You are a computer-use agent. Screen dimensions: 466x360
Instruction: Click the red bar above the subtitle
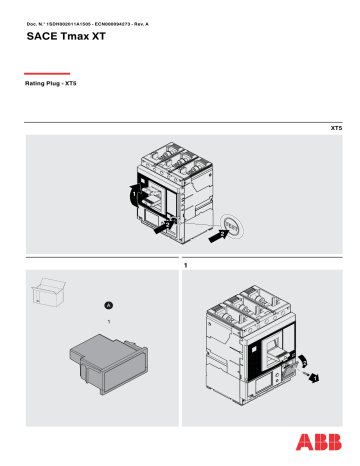click(47, 73)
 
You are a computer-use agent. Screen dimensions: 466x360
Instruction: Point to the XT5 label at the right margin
click(336, 129)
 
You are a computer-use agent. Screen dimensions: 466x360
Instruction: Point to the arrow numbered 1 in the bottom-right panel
click(313, 378)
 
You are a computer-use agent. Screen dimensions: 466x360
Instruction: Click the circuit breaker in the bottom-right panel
click(250, 340)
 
